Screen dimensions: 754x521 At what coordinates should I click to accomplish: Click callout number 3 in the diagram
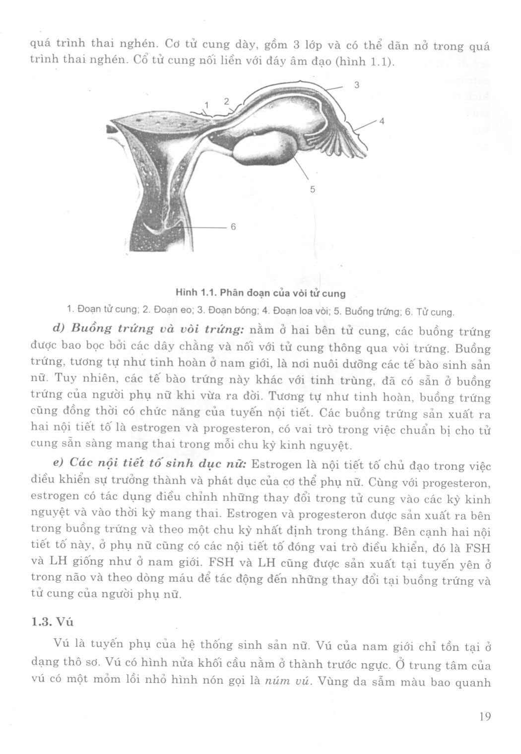pos(356,85)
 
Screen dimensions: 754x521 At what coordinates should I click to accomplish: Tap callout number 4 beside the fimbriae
pos(382,121)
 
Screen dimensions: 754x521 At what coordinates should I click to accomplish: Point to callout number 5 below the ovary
pos(313,189)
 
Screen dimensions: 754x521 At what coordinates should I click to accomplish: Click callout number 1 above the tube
pos(207,105)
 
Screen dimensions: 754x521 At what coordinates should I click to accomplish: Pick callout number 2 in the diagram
pos(226,101)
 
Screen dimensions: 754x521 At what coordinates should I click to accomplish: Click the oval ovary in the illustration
pos(268,148)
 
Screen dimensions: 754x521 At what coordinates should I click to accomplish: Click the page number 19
pos(485,716)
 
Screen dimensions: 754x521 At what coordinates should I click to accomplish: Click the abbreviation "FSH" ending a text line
pos(479,548)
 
